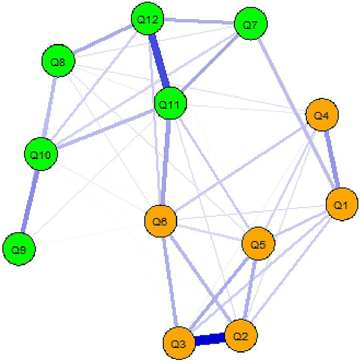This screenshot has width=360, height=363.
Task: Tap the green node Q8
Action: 58,62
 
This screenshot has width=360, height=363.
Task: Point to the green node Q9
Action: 19,249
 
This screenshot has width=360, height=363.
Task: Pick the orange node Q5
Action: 258,244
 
